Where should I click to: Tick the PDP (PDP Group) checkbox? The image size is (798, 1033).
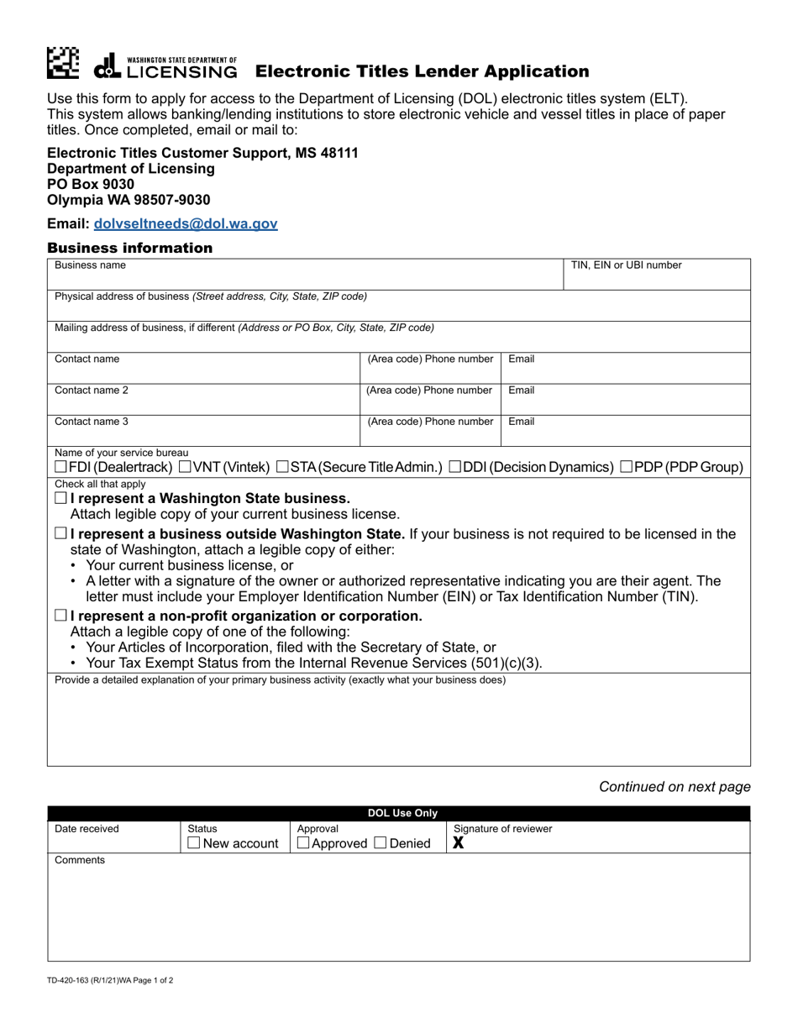[626, 467]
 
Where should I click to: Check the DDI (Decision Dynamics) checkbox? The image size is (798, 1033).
[454, 467]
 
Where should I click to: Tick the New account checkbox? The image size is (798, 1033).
[194, 843]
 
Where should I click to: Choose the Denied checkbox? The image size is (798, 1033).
[380, 843]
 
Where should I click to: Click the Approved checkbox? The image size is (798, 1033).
[304, 843]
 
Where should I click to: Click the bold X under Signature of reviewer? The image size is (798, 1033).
[459, 843]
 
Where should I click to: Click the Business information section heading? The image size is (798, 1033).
[130, 248]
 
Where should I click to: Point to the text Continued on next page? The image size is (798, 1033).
[675, 787]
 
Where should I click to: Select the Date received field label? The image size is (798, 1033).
[87, 829]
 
